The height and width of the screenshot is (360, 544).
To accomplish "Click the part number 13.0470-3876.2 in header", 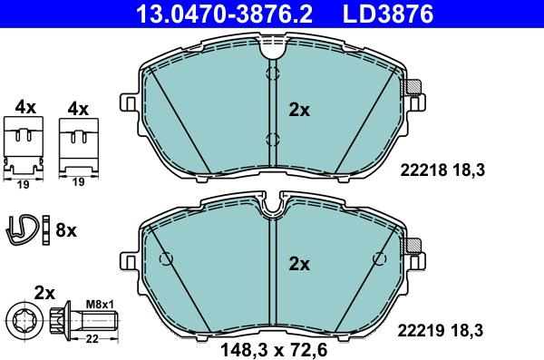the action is (x=225, y=14).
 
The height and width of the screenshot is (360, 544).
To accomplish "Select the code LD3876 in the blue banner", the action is (x=388, y=14).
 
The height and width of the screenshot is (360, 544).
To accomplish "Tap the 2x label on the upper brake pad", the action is (x=299, y=111).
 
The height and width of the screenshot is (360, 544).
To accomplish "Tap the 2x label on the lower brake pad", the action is (x=299, y=265).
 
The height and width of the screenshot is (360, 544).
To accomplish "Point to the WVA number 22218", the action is (x=423, y=170).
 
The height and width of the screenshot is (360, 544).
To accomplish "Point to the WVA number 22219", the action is (x=421, y=330).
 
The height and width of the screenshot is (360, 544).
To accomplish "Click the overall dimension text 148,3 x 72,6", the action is (x=274, y=350).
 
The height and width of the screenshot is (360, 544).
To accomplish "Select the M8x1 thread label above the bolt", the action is (x=100, y=305).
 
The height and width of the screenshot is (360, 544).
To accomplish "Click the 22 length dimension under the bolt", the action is (x=92, y=339).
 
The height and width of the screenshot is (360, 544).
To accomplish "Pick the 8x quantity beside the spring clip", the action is (x=66, y=230).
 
